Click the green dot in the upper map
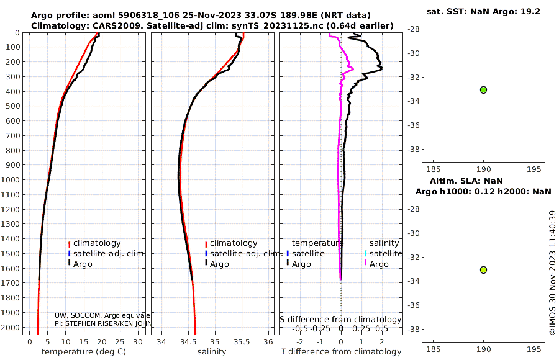click(x=483, y=90)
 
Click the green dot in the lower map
click(x=483, y=269)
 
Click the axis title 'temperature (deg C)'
click(x=84, y=352)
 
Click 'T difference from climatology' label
click(x=341, y=352)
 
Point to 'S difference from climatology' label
click(x=340, y=320)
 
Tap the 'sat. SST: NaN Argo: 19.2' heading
click(x=483, y=11)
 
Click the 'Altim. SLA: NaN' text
click(x=483, y=181)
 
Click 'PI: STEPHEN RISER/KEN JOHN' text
click(x=102, y=323)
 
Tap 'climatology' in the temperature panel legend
click(x=97, y=243)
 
